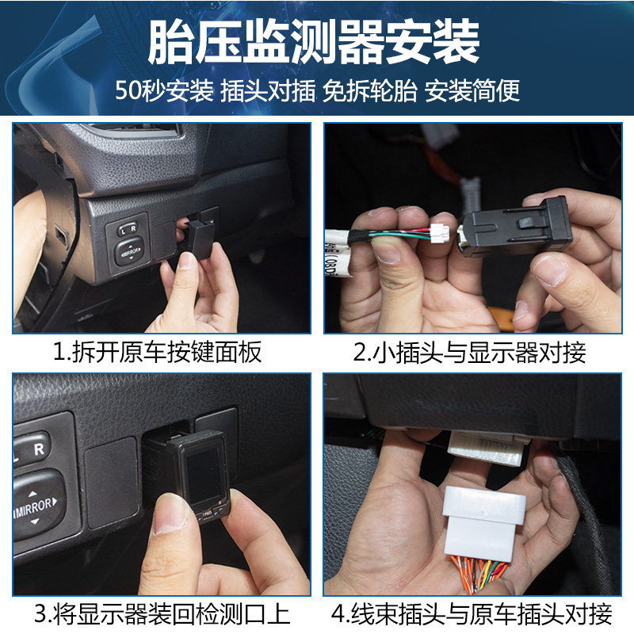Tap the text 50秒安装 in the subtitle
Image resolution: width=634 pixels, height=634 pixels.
pyautogui.click(x=164, y=90)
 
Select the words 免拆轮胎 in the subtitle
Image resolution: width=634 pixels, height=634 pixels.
pyautogui.click(x=369, y=90)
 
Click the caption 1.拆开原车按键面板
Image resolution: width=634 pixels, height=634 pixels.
pyautogui.click(x=158, y=352)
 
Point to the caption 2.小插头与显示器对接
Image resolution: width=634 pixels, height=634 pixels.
pyautogui.click(x=469, y=352)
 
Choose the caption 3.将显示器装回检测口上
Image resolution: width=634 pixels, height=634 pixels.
pyautogui.click(x=162, y=613)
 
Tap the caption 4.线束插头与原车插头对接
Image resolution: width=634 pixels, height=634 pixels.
pyautogui.click(x=472, y=613)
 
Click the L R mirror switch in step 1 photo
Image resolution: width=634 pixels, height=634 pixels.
pyautogui.click(x=128, y=229)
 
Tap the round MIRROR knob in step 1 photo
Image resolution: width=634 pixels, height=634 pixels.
pyautogui.click(x=129, y=251)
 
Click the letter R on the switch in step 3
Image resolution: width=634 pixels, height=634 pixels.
pyautogui.click(x=39, y=449)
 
